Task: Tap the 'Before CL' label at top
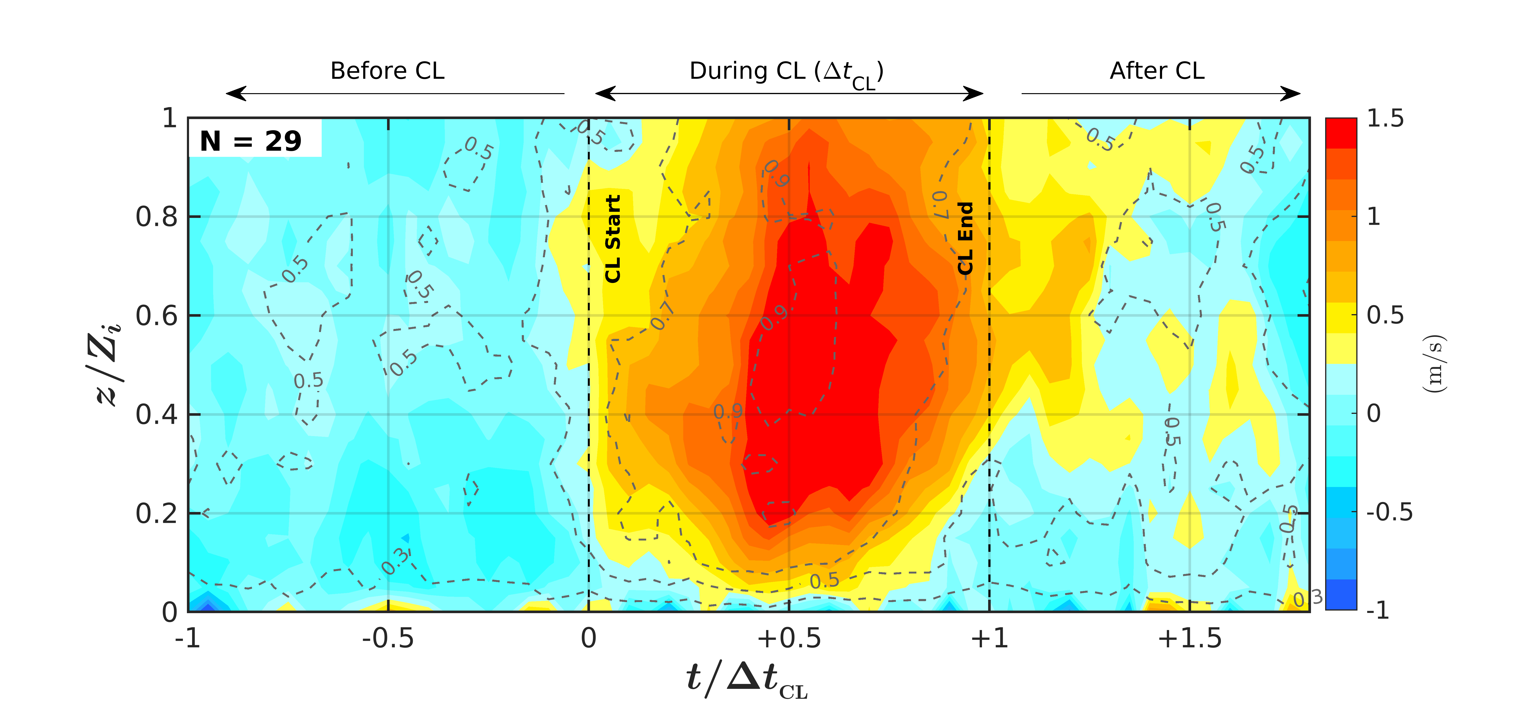(387, 71)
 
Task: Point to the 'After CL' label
(1156, 71)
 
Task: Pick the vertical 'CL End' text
(965, 238)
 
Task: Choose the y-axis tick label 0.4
(157, 414)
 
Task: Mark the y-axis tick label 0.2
(157, 513)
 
